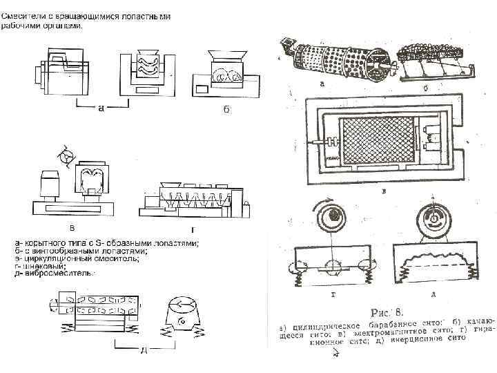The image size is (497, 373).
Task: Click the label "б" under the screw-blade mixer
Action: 226,113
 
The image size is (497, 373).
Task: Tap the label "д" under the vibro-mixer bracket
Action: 144,350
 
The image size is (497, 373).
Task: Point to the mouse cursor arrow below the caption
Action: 335,353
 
